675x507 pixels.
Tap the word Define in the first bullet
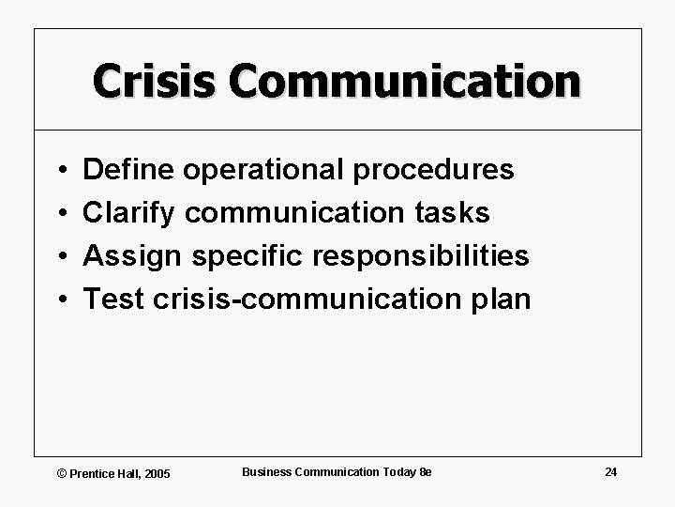[x=129, y=169]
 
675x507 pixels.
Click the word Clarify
[x=129, y=213]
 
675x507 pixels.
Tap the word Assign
[x=130, y=256]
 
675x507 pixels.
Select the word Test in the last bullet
[x=113, y=300]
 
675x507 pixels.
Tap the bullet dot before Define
[x=59, y=171]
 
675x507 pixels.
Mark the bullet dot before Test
[x=59, y=300]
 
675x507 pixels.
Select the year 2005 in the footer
[x=157, y=473]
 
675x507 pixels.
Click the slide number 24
[x=610, y=471]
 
